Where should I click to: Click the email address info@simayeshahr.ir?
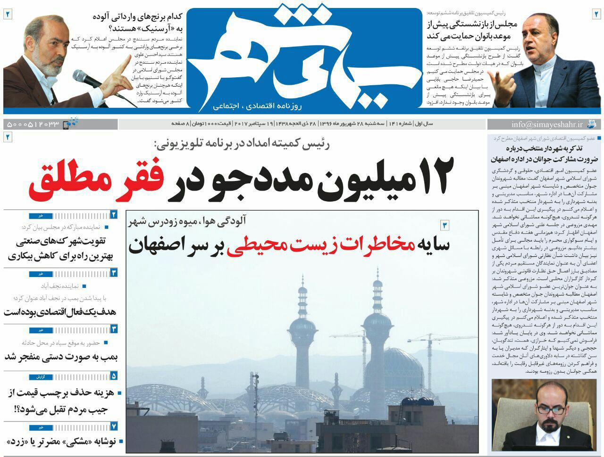[x=547, y=124]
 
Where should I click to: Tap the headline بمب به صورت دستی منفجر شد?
[x=61, y=357]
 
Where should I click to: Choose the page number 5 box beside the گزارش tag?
[x=114, y=376]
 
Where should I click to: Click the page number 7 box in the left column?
[x=114, y=427]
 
